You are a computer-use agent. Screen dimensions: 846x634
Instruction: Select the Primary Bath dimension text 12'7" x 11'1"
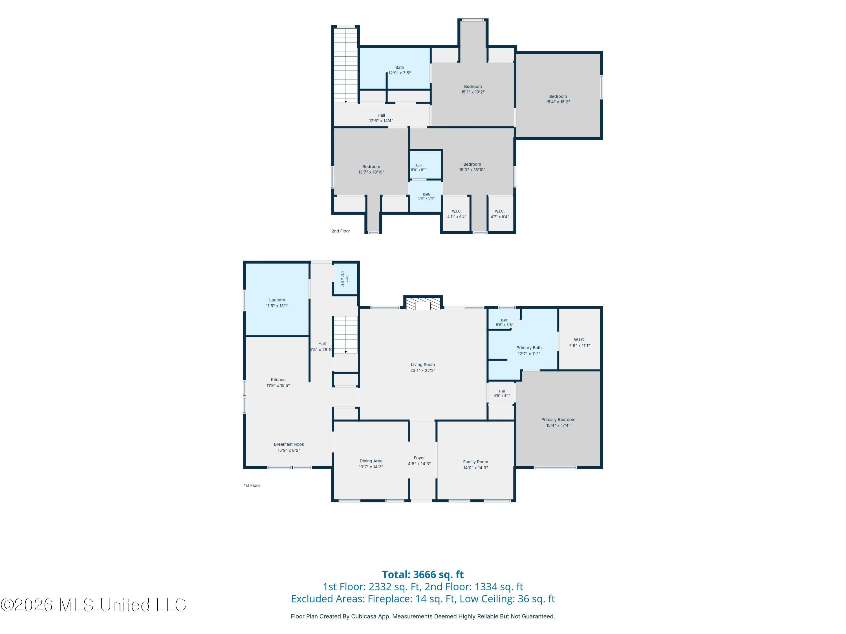pyautogui.click(x=529, y=354)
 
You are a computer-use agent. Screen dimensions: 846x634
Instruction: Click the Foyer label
pyautogui.click(x=419, y=458)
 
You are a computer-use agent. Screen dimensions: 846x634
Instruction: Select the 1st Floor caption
pyautogui.click(x=252, y=485)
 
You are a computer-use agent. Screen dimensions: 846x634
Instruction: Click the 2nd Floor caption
pyautogui.click(x=341, y=231)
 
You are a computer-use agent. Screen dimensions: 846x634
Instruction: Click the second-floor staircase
pyautogui.click(x=346, y=65)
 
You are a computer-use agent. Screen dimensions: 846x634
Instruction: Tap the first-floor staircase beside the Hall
pyautogui.click(x=345, y=334)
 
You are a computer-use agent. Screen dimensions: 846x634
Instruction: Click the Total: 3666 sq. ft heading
pyautogui.click(x=423, y=574)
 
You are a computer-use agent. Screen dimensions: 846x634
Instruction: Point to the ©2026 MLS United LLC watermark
pyautogui.click(x=93, y=605)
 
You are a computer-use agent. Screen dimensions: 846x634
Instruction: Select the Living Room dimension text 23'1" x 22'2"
pyautogui.click(x=423, y=370)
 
